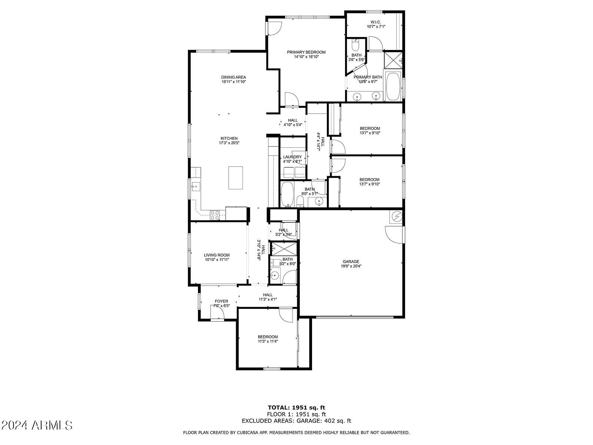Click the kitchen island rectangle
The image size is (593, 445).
point(236,178)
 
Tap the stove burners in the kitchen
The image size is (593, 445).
point(215,215)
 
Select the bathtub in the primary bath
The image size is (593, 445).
point(392,86)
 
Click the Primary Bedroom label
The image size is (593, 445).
point(306,52)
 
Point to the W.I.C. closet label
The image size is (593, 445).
point(376,22)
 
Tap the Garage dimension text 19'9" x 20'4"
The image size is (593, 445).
point(351,266)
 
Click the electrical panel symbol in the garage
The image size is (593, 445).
point(396,217)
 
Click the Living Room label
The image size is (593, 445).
point(217,255)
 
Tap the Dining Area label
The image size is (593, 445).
point(233,77)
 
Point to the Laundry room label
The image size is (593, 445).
point(292,157)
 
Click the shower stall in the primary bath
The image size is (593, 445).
point(392,61)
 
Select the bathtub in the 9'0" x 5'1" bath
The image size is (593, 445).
point(287,194)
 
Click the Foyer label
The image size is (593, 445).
point(222,301)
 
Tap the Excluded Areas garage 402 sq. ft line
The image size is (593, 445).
point(296,421)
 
